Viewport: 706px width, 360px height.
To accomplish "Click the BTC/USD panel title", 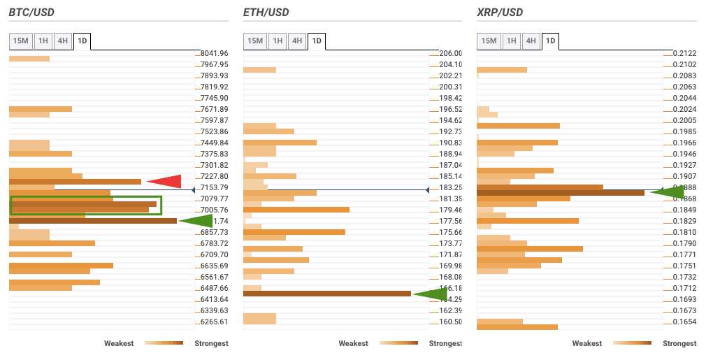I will [x=31, y=13].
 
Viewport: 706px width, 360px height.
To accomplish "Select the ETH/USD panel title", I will [x=266, y=13].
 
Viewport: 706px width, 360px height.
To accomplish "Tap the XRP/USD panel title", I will [x=499, y=13].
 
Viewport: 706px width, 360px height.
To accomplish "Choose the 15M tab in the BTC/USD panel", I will [x=20, y=41].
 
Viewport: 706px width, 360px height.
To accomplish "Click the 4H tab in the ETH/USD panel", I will [x=297, y=41].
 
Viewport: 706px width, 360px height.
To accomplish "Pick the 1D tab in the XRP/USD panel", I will [x=550, y=41].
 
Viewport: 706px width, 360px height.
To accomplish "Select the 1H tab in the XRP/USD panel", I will [x=511, y=41].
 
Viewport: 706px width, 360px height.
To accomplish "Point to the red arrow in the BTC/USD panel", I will [x=164, y=182].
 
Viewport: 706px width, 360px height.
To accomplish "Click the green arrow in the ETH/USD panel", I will [x=430, y=294].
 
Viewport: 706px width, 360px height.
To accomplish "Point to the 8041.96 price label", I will [x=214, y=53].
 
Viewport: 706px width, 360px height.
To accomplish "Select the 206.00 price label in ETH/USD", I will [x=449, y=53].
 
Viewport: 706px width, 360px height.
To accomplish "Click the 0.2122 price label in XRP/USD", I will [x=684, y=53].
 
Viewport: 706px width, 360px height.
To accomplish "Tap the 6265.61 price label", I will [x=214, y=322].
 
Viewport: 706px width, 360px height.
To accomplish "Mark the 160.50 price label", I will [x=449, y=322].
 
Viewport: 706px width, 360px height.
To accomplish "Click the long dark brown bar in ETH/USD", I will [x=326, y=294].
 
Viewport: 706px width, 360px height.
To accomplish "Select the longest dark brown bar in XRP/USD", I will [x=560, y=192].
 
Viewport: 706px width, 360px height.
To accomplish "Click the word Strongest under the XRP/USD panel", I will [x=679, y=343].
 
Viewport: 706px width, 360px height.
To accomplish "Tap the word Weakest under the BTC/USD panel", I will [x=120, y=343].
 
